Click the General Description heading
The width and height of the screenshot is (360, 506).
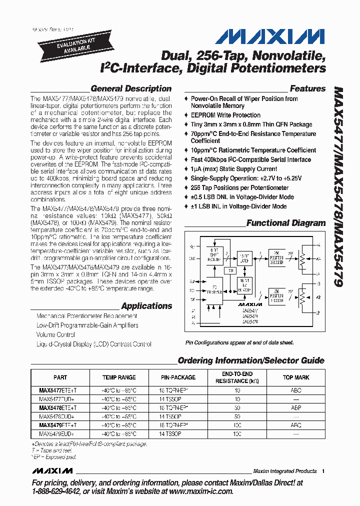[131, 88]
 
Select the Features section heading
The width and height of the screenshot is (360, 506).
[307, 88]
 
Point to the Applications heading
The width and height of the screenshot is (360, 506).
[146, 306]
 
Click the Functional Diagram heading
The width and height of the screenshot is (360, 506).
[286, 223]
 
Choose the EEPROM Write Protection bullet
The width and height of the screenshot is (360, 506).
[225, 115]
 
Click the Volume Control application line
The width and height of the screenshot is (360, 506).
[55, 334]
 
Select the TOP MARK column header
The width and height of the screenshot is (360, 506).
[296, 377]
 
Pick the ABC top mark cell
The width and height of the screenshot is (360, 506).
[296, 390]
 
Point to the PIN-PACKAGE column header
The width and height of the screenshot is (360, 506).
[178, 377]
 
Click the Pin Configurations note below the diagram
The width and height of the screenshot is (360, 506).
[239, 343]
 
